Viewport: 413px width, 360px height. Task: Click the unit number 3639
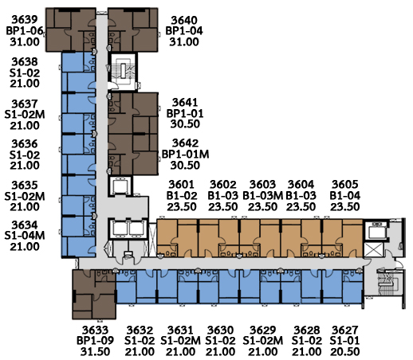coord(25,20)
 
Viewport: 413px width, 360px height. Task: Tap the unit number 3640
coord(184,21)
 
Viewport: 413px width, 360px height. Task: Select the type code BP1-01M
coord(185,155)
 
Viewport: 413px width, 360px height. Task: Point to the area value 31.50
coord(95,352)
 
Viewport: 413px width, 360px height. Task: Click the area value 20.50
coord(345,352)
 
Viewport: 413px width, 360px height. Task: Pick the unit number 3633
coord(95,331)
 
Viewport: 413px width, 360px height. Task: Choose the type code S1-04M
coord(25,236)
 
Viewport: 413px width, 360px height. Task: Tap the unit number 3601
coord(182,185)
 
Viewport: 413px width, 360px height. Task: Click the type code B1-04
coord(345,196)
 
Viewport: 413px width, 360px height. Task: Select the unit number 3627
coord(345,331)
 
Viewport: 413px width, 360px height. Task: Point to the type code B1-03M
coord(262,196)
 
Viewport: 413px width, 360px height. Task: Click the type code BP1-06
coord(25,31)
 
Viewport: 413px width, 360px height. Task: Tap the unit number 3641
coord(185,103)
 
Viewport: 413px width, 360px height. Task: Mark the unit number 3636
coord(25,144)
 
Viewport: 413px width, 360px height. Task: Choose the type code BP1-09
coord(95,341)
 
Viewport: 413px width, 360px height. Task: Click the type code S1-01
coord(345,341)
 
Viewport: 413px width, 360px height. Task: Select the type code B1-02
coord(182,196)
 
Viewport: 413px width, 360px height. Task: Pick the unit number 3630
coord(220,331)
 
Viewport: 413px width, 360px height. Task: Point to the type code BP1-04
coord(184,31)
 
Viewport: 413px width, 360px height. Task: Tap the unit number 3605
coord(345,185)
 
